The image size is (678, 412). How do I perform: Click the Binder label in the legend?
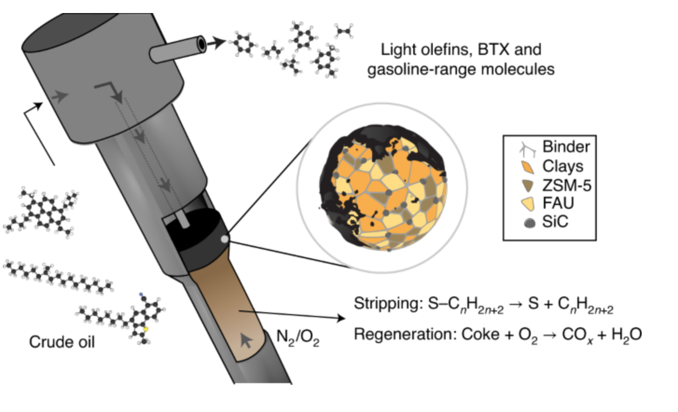tap(566, 147)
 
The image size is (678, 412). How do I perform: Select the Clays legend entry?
tap(562, 166)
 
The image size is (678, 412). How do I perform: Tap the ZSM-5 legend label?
tap(567, 185)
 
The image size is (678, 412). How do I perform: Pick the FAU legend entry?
tap(558, 203)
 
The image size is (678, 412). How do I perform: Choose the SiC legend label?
tap(555, 222)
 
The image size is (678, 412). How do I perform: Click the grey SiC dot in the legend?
tap(529, 223)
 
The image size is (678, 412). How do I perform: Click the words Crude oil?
tap(62, 342)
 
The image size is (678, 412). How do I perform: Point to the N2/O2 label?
tap(297, 337)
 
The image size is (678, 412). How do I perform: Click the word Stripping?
tap(385, 304)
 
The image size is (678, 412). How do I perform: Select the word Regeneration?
tap(404, 335)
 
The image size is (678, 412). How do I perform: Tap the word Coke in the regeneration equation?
tap(480, 335)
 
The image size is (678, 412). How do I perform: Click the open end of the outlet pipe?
tap(201, 44)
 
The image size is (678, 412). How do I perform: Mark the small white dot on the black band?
tap(225, 239)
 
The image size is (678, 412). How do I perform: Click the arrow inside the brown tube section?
tap(246, 341)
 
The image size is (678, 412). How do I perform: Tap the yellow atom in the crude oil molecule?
tap(145, 329)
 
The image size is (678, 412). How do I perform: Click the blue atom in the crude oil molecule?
tap(140, 295)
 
